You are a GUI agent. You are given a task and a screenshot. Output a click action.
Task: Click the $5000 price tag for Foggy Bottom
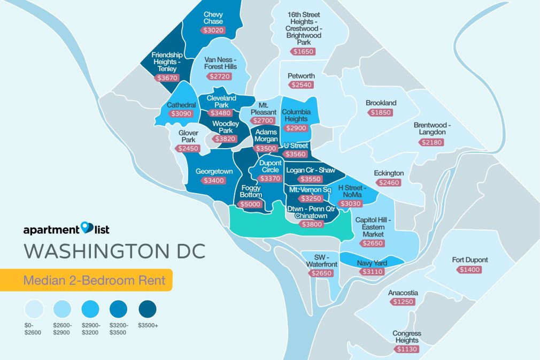click(x=250, y=204)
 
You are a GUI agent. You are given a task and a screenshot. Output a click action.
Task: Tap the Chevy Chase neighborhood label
click(x=213, y=18)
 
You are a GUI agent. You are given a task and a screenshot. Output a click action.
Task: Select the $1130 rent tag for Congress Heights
click(x=406, y=349)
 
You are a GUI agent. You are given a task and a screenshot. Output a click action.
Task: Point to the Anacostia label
click(x=404, y=293)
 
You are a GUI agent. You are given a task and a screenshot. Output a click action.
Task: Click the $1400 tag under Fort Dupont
click(x=469, y=270)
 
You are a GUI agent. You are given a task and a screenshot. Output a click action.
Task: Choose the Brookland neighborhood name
click(x=381, y=103)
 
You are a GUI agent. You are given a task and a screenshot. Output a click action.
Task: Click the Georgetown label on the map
click(x=214, y=172)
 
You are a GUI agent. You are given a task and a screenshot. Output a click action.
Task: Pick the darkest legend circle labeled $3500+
click(x=146, y=309)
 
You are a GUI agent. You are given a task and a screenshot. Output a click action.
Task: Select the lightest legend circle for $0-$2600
click(x=33, y=309)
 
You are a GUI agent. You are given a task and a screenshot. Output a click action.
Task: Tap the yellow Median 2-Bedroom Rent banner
click(x=86, y=280)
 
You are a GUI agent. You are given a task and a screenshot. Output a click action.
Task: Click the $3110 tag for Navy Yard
click(x=368, y=272)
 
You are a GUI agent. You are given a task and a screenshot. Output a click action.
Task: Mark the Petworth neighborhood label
click(x=301, y=76)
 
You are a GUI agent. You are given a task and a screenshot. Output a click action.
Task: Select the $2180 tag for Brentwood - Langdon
click(x=431, y=142)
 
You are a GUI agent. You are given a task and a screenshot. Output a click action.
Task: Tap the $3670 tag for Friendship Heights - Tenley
click(x=167, y=78)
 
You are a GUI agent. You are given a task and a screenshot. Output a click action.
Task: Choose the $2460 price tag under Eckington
click(x=388, y=183)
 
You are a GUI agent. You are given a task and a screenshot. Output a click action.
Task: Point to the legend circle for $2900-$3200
click(x=90, y=309)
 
